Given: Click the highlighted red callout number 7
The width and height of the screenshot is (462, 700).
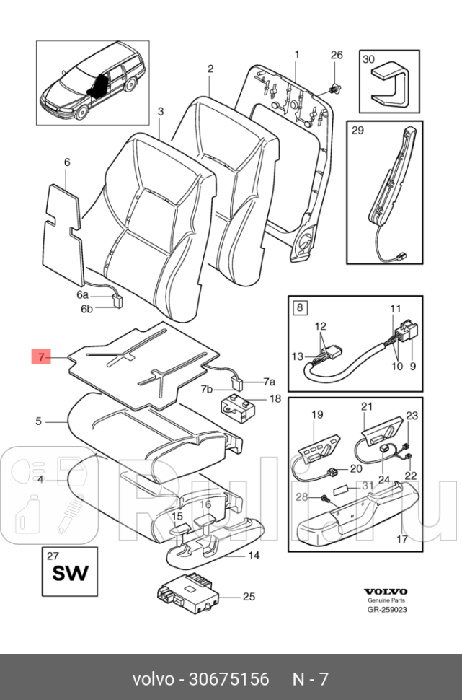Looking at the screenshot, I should point(42,356).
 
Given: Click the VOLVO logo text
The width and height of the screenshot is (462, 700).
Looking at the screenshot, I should point(386,591).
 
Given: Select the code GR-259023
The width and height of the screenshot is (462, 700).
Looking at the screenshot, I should point(386,609).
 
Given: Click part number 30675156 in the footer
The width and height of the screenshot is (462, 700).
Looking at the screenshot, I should point(228,680).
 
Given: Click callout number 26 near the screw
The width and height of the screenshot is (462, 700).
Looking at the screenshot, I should point(337,56).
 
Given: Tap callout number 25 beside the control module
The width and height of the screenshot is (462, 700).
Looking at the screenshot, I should point(249,597).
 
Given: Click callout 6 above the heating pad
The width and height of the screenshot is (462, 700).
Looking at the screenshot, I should point(67,163).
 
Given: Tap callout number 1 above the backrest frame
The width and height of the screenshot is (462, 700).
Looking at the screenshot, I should point(297,55).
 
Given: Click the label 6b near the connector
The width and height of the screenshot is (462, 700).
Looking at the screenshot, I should point(86,310).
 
